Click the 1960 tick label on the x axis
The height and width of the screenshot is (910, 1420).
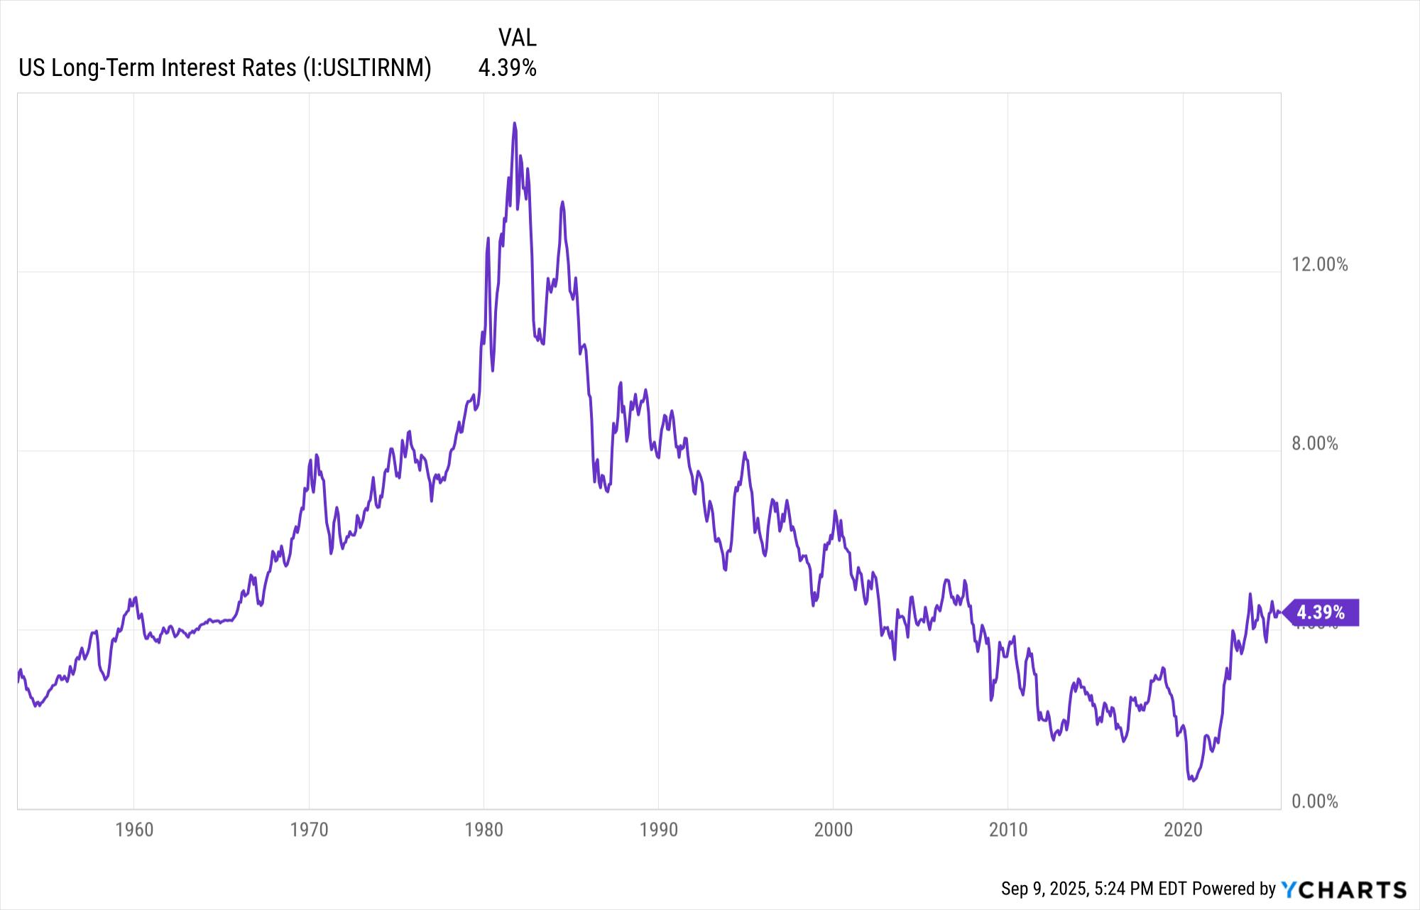[x=134, y=830]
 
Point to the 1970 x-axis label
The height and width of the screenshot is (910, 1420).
[x=309, y=830]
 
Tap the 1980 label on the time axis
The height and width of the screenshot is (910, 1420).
[x=484, y=830]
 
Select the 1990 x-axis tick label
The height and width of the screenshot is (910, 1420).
[x=658, y=830]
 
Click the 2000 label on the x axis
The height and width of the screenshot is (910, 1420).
[x=833, y=830]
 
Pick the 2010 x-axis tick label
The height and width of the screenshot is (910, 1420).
[x=1008, y=830]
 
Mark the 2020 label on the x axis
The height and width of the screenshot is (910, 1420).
[x=1183, y=830]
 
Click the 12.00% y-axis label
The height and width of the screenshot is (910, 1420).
[x=1319, y=265]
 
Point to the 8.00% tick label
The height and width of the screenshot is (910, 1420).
[x=1314, y=444]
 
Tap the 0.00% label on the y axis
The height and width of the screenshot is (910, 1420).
[x=1314, y=802]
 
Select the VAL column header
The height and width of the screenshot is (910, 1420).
[x=517, y=37]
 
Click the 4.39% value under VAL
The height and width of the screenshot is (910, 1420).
[x=507, y=68]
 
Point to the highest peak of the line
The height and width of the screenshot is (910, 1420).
[x=515, y=124]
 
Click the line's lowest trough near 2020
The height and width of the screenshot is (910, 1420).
[x=1194, y=781]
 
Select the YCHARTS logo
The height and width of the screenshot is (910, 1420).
[x=1344, y=889]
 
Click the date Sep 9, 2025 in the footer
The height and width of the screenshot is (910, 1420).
[x=1044, y=889]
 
